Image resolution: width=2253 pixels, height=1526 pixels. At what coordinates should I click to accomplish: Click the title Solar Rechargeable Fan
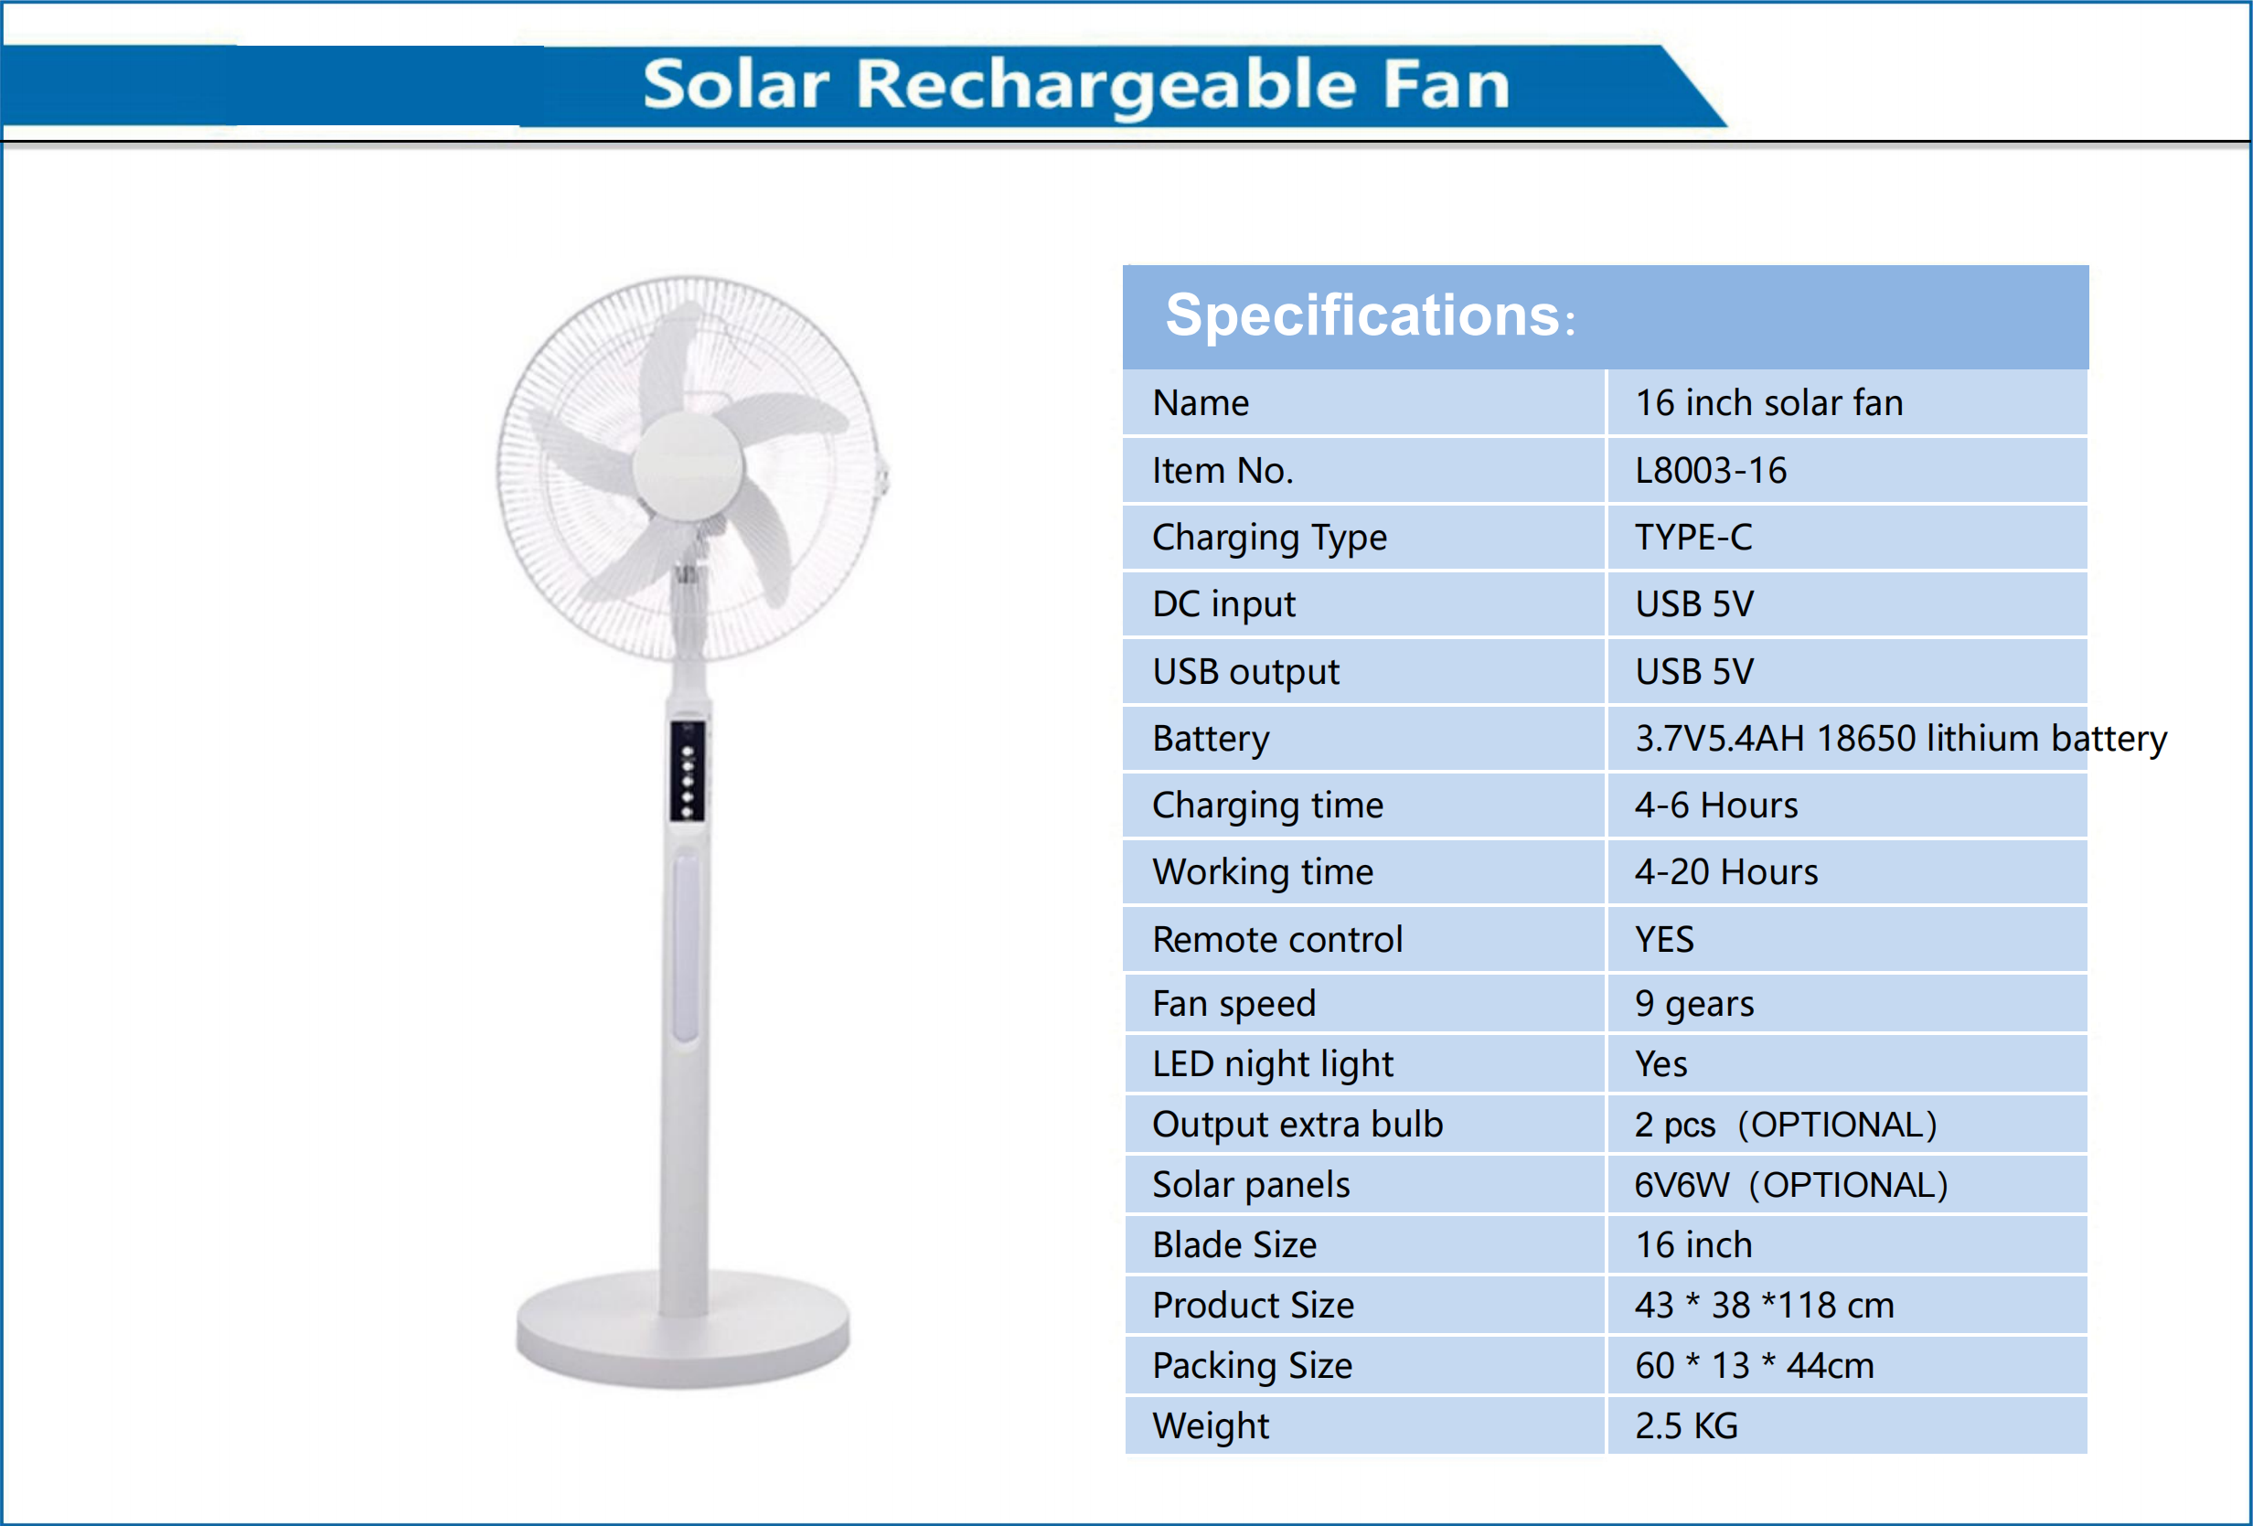[1076, 84]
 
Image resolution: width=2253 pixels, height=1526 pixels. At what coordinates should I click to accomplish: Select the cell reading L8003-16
[1710, 471]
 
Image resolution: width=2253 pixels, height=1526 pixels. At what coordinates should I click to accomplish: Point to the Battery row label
[1210, 740]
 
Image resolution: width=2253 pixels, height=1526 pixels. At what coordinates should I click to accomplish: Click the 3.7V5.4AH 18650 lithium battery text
[1900, 740]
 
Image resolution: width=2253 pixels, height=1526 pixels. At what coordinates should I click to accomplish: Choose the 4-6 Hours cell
[1716, 806]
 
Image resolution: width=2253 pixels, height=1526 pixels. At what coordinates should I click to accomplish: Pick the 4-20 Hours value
[1725, 872]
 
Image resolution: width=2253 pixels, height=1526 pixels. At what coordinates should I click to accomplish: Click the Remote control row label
[1276, 939]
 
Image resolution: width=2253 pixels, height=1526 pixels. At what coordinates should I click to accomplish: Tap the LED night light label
[1272, 1064]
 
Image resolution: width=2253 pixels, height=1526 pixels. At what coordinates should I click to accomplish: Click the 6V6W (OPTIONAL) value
[1790, 1185]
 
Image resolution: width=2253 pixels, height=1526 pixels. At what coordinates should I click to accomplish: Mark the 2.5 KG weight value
[1686, 1426]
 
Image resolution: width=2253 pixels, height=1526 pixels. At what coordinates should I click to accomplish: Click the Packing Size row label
[1252, 1366]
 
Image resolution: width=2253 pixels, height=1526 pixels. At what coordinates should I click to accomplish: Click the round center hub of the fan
[689, 466]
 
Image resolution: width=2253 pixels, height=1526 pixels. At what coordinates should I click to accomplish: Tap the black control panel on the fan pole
[688, 772]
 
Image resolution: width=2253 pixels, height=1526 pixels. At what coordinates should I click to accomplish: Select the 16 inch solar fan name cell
[1768, 403]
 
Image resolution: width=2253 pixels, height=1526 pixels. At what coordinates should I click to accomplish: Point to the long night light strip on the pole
[687, 945]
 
